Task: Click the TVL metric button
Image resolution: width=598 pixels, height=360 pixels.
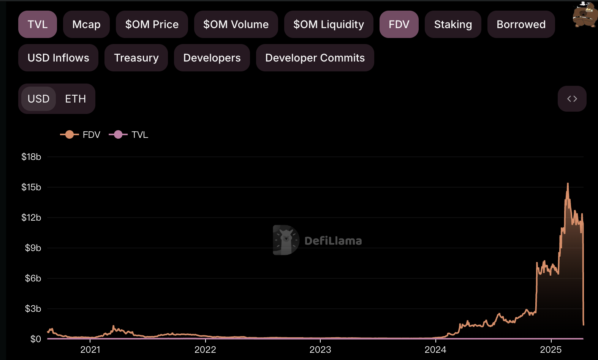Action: [38, 24]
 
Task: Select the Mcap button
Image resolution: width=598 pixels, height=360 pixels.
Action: [86, 24]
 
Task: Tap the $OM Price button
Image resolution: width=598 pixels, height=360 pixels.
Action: [152, 24]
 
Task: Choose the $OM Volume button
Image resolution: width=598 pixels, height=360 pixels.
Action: [236, 24]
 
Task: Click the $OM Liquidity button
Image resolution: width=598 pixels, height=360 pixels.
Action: [328, 24]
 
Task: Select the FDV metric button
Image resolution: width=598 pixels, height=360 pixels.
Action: [399, 24]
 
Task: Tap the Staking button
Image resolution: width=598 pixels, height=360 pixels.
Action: [453, 24]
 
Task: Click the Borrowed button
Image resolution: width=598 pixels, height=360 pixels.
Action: [521, 24]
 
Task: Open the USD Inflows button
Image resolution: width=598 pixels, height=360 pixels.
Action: [58, 58]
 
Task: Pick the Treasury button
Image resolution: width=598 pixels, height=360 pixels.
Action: [136, 58]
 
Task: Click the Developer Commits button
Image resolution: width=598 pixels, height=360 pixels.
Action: [315, 58]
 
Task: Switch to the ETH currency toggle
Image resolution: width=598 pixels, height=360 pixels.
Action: [75, 99]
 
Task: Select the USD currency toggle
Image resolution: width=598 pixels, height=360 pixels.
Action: [39, 99]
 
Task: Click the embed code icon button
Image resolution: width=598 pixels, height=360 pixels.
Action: [572, 99]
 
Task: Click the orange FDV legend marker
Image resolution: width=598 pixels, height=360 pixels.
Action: [70, 134]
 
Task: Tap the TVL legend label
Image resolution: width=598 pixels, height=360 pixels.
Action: [140, 135]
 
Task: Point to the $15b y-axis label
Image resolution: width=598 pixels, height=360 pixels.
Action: [31, 187]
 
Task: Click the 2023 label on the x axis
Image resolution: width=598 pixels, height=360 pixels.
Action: [320, 350]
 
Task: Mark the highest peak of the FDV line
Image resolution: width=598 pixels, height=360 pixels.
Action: [568, 183]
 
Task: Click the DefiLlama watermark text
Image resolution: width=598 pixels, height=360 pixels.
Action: [333, 241]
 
